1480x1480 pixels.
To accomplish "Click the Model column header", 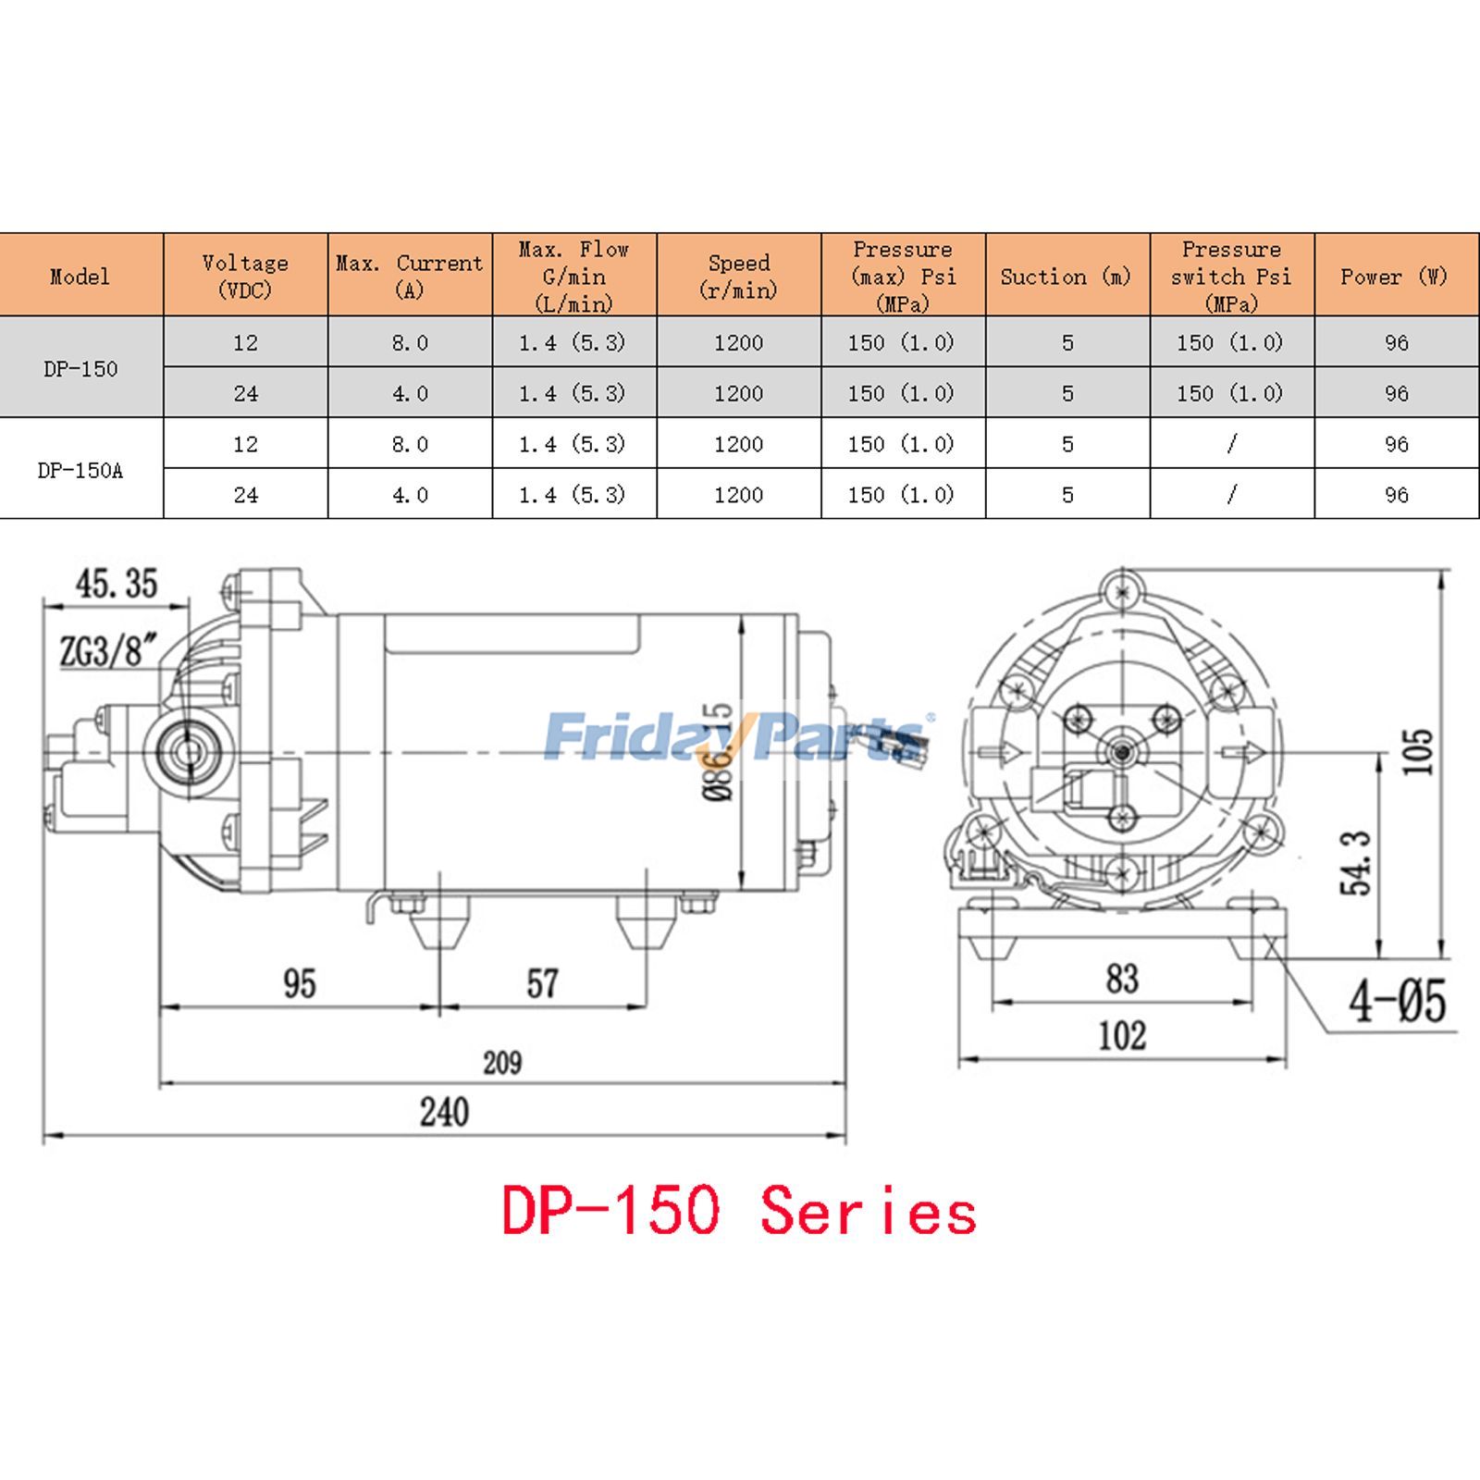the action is tap(80, 276).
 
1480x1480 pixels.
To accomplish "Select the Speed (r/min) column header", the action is tap(739, 276).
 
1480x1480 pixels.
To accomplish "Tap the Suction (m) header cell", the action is tap(1067, 276).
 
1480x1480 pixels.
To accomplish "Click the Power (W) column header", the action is tap(1396, 276).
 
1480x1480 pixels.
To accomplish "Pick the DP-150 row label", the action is tap(81, 368).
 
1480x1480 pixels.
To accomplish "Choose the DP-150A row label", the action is tap(80, 470).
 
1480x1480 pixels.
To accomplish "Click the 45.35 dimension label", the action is tap(117, 584).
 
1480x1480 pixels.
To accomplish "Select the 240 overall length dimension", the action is tap(444, 1112).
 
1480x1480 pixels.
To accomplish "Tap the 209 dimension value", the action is tap(502, 1063).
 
